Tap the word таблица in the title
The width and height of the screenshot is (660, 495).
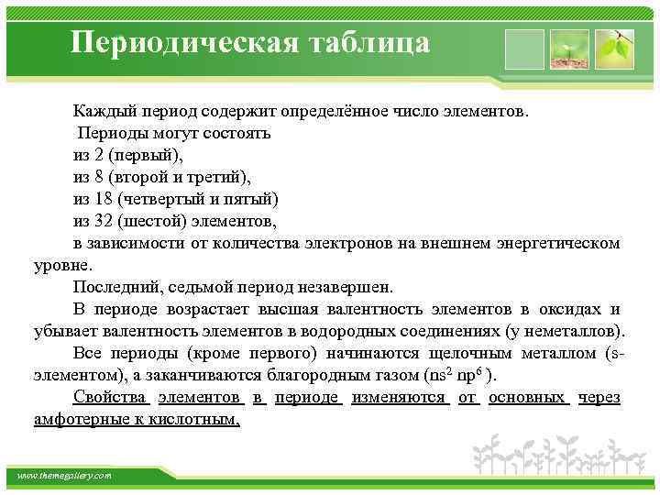(373, 42)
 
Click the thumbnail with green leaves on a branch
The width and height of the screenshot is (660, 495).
(614, 49)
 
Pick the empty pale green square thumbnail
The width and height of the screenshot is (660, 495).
(525, 49)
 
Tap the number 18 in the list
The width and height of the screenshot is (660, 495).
(105, 199)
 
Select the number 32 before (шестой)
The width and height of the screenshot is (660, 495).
(105, 221)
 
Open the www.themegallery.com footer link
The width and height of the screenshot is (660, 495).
(64, 476)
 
